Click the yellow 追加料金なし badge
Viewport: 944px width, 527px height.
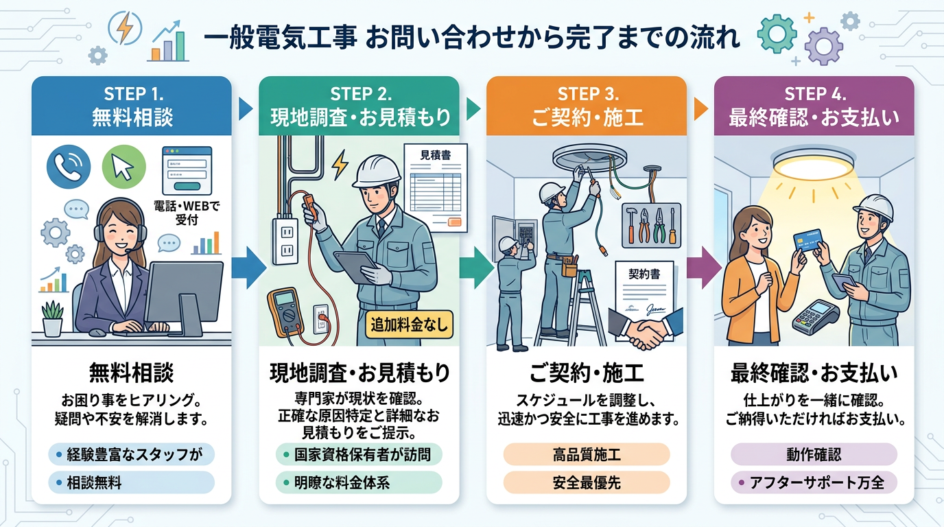click(409, 324)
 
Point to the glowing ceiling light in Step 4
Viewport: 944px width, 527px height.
click(814, 166)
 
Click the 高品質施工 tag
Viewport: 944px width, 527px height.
click(587, 454)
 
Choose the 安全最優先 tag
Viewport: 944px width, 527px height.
click(587, 482)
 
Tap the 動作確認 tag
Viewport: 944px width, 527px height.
click(814, 454)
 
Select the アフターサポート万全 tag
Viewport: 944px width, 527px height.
click(814, 482)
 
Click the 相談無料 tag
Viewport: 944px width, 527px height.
click(132, 482)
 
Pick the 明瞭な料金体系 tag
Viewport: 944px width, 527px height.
click(359, 482)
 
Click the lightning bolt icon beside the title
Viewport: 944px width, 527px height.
click(126, 30)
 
